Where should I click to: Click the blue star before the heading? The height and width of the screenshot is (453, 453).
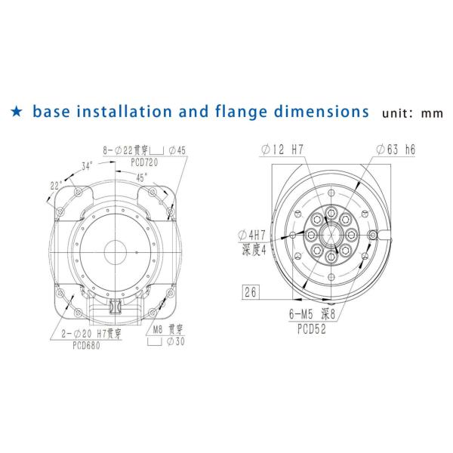17,112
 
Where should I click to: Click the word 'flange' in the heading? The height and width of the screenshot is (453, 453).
241,112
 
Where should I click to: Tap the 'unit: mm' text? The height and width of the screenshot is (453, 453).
412,113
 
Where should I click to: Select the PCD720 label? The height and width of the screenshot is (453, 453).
144,162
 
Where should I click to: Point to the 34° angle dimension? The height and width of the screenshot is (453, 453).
87,166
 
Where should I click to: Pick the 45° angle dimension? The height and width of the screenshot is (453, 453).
142,177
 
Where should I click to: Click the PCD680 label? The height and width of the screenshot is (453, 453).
86,345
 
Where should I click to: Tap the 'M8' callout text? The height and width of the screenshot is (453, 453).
158,329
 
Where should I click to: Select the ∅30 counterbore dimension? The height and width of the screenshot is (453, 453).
176,341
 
